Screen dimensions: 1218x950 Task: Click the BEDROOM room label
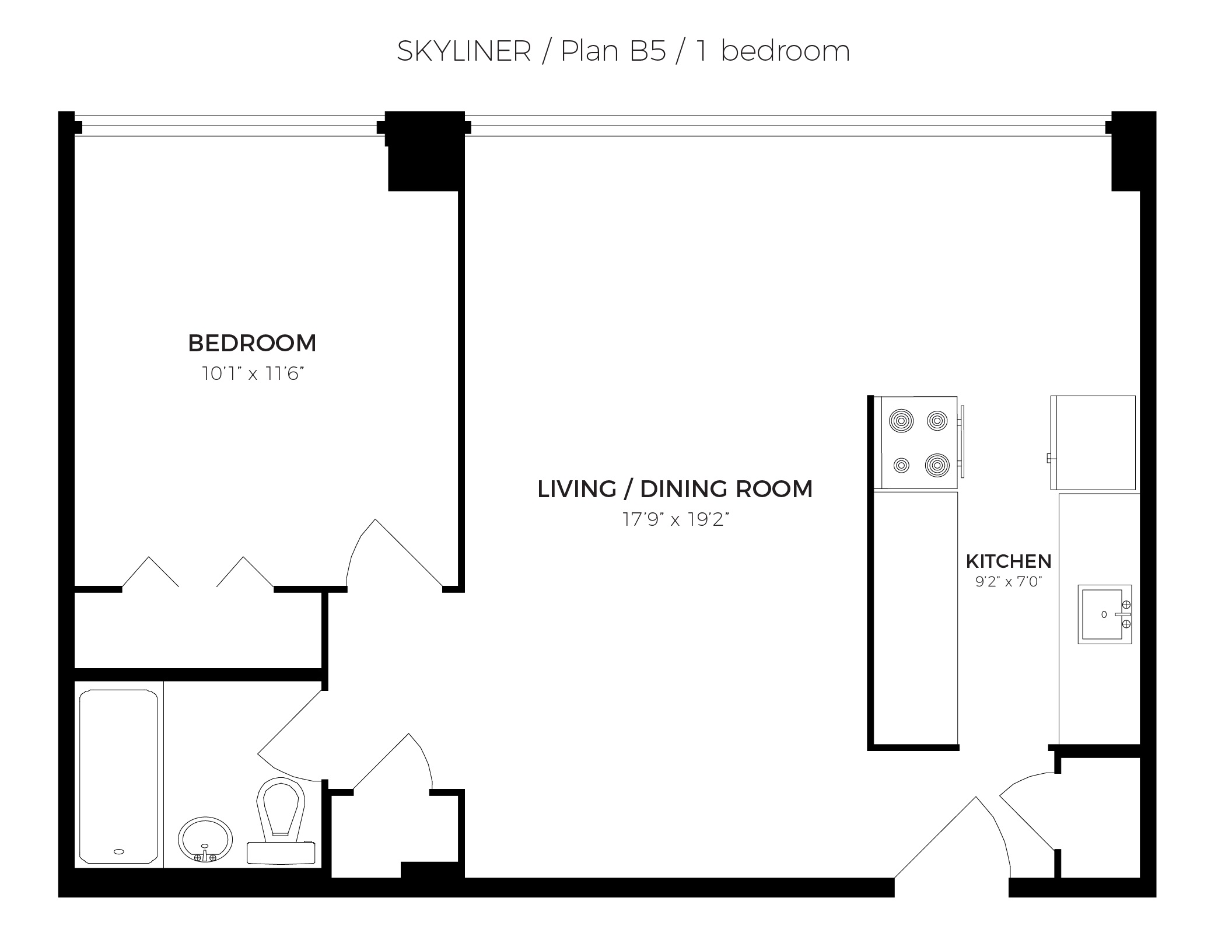(x=252, y=343)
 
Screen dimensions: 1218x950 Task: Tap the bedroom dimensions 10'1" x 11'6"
(x=253, y=373)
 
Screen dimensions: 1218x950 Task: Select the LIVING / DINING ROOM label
(x=675, y=489)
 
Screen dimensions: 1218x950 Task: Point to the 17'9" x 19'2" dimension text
(x=676, y=519)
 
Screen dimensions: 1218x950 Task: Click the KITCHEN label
(x=1009, y=561)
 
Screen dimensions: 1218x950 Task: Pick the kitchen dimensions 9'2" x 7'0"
(x=1009, y=582)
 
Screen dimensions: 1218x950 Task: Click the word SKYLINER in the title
(x=464, y=51)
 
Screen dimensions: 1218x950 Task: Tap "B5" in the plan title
(x=647, y=51)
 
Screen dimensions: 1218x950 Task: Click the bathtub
(x=118, y=777)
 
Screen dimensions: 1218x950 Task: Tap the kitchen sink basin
(x=1101, y=614)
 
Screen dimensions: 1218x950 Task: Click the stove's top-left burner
(x=901, y=420)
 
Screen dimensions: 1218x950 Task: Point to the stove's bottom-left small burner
(x=902, y=465)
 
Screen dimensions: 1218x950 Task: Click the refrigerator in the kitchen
(x=1093, y=443)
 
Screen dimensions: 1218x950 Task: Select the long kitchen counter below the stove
(x=915, y=619)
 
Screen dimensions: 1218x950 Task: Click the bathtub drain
(x=119, y=851)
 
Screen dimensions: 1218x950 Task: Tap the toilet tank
(x=282, y=853)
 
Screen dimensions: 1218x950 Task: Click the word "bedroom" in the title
(x=786, y=51)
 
